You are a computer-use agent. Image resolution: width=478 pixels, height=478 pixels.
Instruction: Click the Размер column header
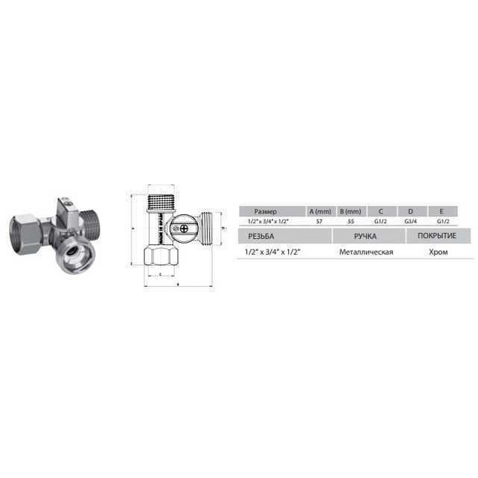[265, 211]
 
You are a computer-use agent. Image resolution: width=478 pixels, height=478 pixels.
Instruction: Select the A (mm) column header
[321, 211]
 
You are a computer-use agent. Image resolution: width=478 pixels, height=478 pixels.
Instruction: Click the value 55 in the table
[351, 221]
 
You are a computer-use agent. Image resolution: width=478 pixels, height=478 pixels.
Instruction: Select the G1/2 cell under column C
[381, 221]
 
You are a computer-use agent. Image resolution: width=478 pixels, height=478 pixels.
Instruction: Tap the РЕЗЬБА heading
[259, 236]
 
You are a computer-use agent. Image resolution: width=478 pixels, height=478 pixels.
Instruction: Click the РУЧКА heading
[366, 236]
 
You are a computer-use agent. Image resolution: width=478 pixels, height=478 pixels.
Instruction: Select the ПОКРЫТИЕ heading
[436, 236]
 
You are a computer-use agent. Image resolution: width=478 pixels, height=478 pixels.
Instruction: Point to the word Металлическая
[366, 252]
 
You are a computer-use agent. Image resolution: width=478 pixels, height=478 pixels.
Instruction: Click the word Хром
[439, 252]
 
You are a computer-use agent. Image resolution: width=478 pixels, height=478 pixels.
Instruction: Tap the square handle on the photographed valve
[66, 206]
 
